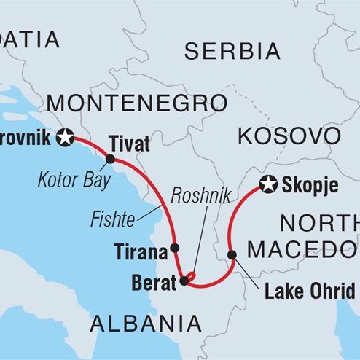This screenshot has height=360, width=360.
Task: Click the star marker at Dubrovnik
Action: click(x=67, y=136)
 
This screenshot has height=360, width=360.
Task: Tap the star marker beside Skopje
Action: click(x=269, y=185)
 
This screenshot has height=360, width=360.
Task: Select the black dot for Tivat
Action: click(x=110, y=159)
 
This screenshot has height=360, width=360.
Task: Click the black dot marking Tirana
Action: click(x=174, y=249)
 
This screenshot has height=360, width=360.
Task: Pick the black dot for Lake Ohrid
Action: click(x=232, y=255)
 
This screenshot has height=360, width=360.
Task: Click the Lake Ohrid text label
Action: click(x=310, y=293)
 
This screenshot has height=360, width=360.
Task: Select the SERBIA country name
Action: click(x=232, y=51)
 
